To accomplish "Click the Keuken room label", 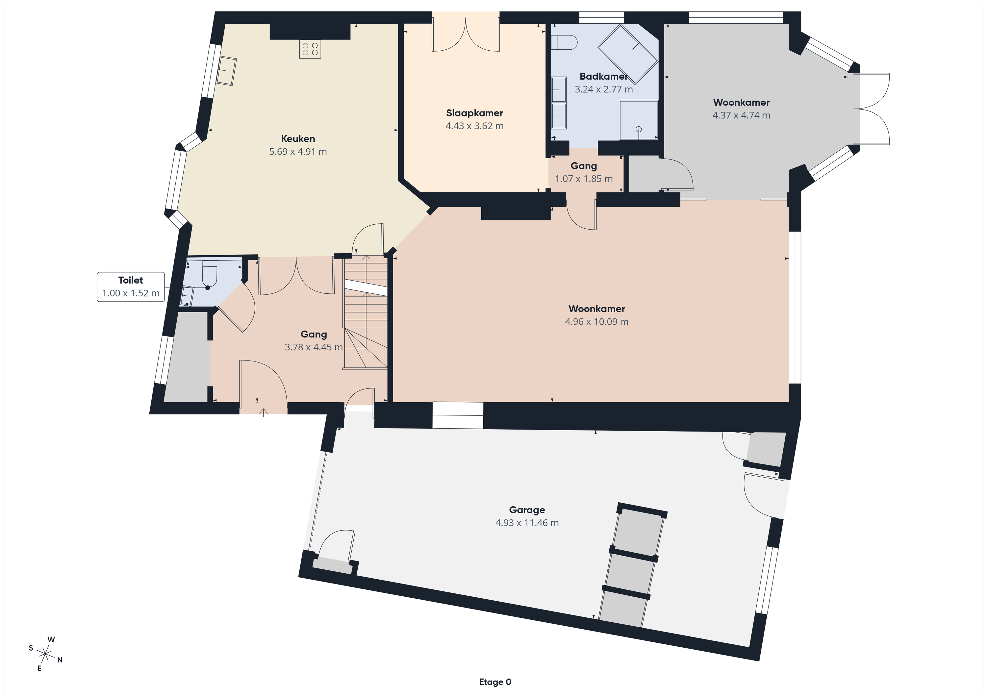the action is (x=298, y=139).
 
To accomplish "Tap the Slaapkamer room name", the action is (x=475, y=113).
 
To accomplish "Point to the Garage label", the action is (x=527, y=510).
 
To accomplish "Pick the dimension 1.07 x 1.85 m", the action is (x=584, y=179).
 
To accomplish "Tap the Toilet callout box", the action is (x=131, y=287).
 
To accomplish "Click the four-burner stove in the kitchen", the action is (x=310, y=49).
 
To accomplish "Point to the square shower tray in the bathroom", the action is (x=638, y=120).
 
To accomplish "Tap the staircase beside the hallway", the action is (x=366, y=312).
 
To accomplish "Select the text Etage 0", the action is (x=495, y=682).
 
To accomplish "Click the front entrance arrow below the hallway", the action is (x=264, y=412).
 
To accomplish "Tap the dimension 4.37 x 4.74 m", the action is (x=741, y=115).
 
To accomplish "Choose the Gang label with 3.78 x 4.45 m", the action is (x=314, y=335).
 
